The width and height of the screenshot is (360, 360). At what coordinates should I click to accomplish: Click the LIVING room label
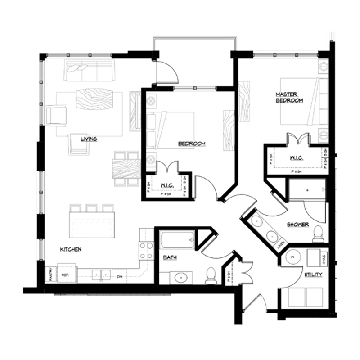click(x=89, y=139)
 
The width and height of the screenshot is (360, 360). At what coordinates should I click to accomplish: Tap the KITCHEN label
click(x=71, y=249)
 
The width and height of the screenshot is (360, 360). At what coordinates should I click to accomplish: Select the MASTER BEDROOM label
click(x=289, y=98)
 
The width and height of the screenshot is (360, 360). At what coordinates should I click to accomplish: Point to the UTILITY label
click(x=313, y=274)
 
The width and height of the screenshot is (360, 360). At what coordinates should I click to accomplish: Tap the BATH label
click(x=170, y=258)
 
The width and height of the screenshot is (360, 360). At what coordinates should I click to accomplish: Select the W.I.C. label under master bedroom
click(x=296, y=158)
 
